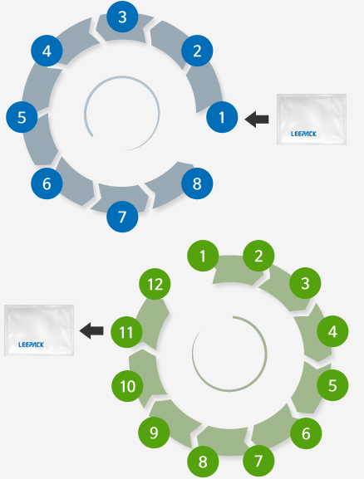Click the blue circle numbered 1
pyautogui.click(x=222, y=117)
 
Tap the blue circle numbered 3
pyautogui.click(x=122, y=17)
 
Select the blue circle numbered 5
pyautogui.click(x=22, y=117)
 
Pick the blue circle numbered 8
pyautogui.click(x=197, y=183)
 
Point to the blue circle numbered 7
pyautogui.click(x=122, y=217)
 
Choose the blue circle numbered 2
pyautogui.click(x=197, y=51)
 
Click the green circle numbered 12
pyautogui.click(x=155, y=284)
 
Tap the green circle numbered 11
pyautogui.click(x=126, y=332)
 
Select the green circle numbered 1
pyautogui.click(x=203, y=256)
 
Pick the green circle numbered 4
pyautogui.click(x=332, y=331)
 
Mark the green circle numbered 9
pyautogui.click(x=154, y=433)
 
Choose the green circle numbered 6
pyautogui.click(x=306, y=433)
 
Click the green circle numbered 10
pyautogui.click(x=127, y=386)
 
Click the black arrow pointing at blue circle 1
pyautogui.click(x=257, y=120)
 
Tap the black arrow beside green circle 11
pyautogui.click(x=91, y=330)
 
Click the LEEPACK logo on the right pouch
pyautogui.click(x=303, y=134)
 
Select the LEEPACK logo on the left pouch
pyautogui.click(x=31, y=345)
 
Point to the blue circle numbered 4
pyautogui.click(x=47, y=51)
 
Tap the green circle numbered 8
pyautogui.click(x=203, y=462)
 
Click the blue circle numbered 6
pyautogui.click(x=47, y=183)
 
